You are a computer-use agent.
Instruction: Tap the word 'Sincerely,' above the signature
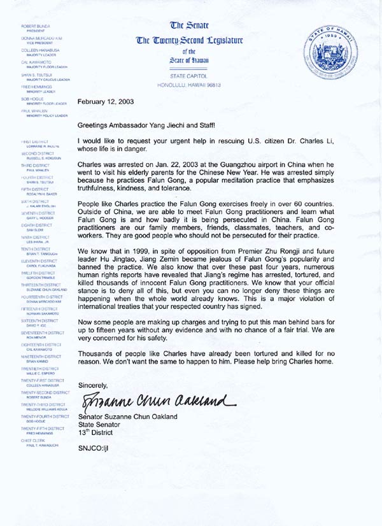coord(92,385)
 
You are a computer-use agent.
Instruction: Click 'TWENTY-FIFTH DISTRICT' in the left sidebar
coord(42,430)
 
